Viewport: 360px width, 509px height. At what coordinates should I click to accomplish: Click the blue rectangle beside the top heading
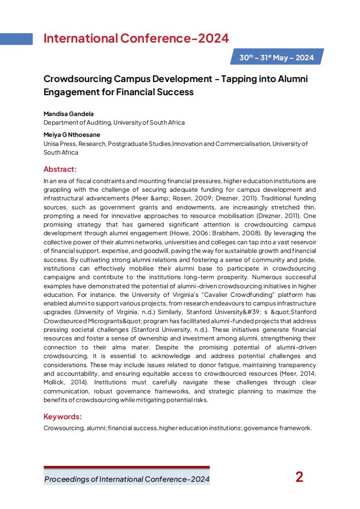tap(16, 39)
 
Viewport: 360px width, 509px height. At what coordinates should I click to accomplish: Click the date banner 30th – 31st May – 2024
tap(277, 58)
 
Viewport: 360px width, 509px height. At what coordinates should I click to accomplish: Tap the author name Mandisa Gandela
tap(68, 114)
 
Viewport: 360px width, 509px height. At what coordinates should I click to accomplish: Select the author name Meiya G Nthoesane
tap(72, 135)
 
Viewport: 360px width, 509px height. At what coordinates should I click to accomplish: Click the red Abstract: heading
tap(60, 169)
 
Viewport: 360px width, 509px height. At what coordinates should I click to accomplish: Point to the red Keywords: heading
tap(63, 417)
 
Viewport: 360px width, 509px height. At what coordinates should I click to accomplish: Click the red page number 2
tap(299, 477)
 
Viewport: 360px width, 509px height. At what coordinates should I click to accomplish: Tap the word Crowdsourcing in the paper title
tap(78, 79)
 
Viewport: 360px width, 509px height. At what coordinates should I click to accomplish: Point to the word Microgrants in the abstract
tap(102, 321)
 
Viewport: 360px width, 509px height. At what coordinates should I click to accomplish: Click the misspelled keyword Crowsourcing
tap(64, 428)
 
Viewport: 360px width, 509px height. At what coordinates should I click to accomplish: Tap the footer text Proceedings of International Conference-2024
tap(126, 479)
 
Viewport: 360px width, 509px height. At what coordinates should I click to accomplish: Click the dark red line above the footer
tap(126, 467)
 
